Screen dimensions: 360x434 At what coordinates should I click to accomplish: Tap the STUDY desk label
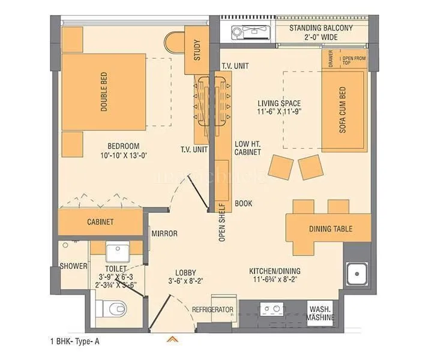pyautogui.click(x=197, y=50)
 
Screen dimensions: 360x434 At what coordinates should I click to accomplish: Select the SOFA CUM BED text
pyautogui.click(x=343, y=111)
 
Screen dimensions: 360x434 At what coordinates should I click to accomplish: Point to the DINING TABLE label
pyautogui.click(x=331, y=229)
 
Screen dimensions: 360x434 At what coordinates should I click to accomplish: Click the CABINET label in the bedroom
pyautogui.click(x=100, y=221)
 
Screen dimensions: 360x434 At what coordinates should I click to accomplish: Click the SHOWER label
pyautogui.click(x=73, y=266)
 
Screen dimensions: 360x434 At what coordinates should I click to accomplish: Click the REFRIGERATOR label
pyautogui.click(x=212, y=309)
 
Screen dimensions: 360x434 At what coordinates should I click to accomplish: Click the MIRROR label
pyautogui.click(x=164, y=233)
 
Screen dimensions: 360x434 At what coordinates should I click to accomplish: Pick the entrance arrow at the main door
pyautogui.click(x=173, y=339)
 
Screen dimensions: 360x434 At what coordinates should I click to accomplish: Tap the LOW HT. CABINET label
pyautogui.click(x=247, y=148)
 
